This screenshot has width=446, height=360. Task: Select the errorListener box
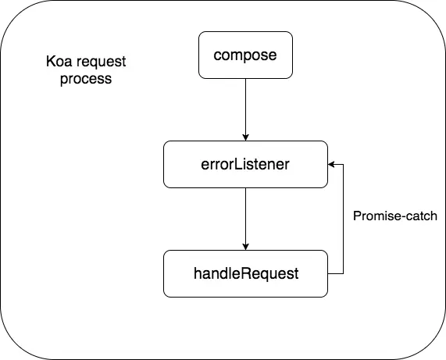pos(245,164)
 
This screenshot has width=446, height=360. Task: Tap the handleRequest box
pos(245,273)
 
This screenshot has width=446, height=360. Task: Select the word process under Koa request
pos(86,80)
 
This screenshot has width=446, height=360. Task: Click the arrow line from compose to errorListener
pos(245,105)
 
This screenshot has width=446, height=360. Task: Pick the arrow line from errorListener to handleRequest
pos(245,215)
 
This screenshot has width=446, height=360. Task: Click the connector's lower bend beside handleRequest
pos(344,273)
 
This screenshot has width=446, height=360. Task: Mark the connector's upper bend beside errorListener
pos(344,164)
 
